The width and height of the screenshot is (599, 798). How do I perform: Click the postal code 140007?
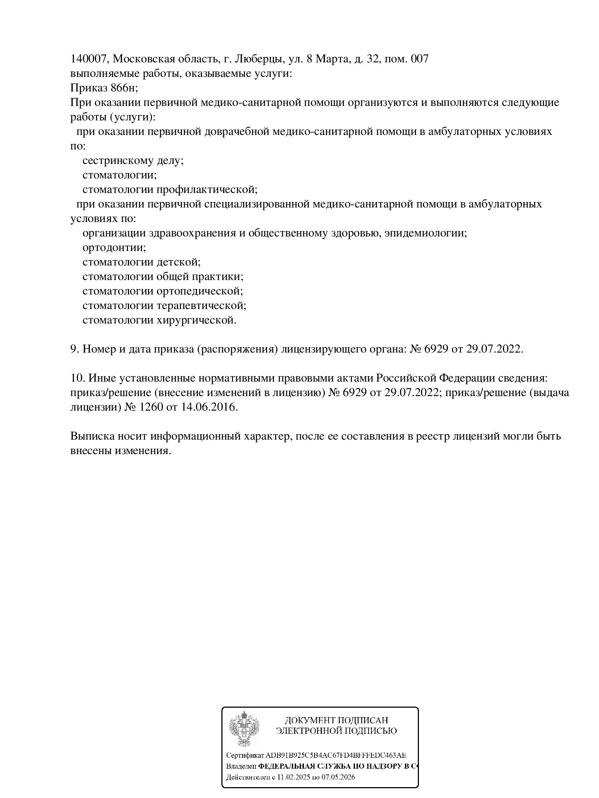[88, 59]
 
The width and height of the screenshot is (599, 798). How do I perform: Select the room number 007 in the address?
[419, 59]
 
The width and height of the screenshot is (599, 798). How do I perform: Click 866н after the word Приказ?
[124, 88]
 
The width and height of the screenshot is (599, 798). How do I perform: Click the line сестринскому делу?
[133, 161]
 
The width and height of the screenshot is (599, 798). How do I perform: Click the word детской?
[179, 262]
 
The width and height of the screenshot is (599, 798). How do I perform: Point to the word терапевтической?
[201, 305]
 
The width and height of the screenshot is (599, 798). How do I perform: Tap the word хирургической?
[196, 320]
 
